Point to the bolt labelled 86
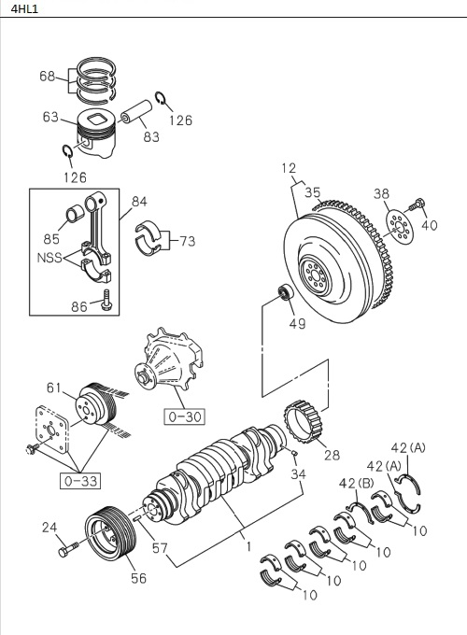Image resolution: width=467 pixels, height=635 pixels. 106,301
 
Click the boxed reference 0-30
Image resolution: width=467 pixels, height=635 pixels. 185,416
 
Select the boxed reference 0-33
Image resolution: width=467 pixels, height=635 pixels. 81,481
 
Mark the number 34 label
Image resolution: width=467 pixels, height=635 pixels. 297,473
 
